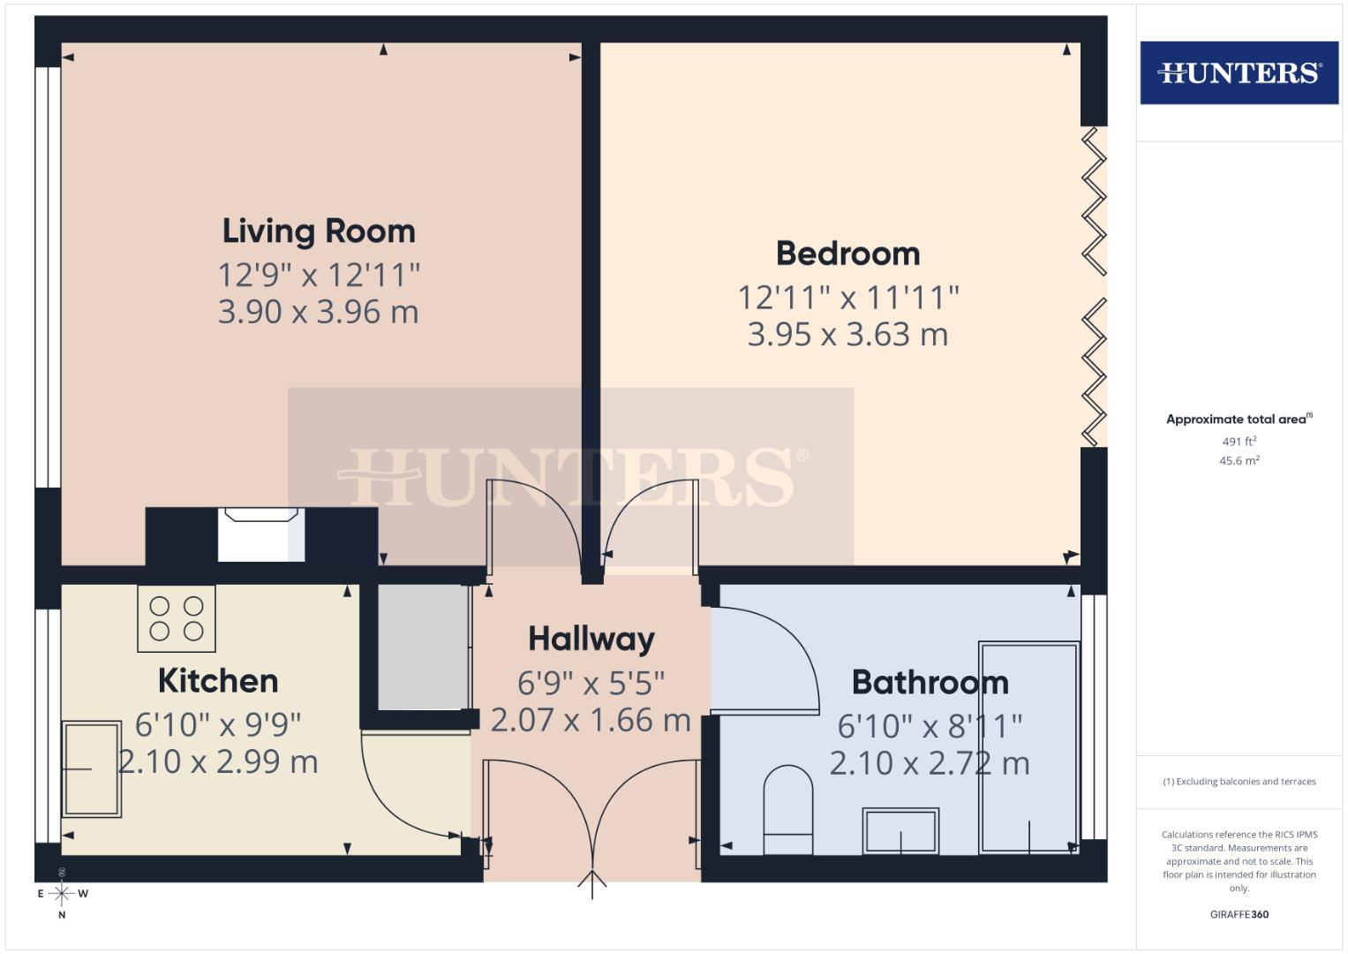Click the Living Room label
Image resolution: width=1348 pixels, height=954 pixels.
[x=319, y=231]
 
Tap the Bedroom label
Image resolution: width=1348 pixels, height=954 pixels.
[x=847, y=254]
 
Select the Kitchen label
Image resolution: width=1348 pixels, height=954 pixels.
[x=218, y=681]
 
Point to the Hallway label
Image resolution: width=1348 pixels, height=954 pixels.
[x=591, y=639]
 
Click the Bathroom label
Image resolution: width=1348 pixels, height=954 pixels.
[x=930, y=683]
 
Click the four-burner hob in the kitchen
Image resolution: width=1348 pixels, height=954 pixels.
[x=177, y=618]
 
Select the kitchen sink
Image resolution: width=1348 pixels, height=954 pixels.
[x=91, y=769]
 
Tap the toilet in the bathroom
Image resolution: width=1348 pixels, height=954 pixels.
[x=787, y=810]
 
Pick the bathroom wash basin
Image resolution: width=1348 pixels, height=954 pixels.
[x=900, y=830]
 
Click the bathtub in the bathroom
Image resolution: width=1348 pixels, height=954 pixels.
[x=1029, y=747]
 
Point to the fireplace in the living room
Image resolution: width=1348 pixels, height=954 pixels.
[x=260, y=534]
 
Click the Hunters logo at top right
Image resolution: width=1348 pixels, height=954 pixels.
[x=1239, y=72]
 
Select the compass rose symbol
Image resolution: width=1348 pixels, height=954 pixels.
[x=62, y=894]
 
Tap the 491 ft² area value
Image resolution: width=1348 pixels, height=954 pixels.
[x=1239, y=442]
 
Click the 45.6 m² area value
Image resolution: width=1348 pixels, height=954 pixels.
[x=1239, y=460]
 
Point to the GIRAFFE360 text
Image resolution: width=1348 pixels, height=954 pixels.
[x=1239, y=914]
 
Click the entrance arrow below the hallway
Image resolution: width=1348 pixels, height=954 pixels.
[x=592, y=883]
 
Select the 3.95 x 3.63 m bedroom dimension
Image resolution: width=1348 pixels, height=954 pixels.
[x=847, y=335]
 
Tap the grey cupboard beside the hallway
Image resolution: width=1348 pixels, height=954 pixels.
[x=423, y=647]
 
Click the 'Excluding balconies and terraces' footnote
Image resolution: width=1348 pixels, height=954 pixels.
[x=1239, y=782]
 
